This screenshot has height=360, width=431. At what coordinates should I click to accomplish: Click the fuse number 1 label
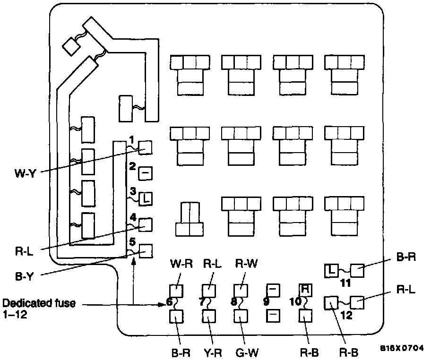pos(132,140)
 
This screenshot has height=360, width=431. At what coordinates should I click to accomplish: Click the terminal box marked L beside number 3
pos(146,198)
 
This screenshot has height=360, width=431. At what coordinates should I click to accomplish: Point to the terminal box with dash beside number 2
pos(146,173)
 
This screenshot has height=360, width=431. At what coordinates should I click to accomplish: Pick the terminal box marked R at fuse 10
pos(306,289)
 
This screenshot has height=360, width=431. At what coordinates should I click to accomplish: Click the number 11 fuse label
pos(346,283)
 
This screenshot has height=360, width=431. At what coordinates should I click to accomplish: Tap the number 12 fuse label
pos(346,315)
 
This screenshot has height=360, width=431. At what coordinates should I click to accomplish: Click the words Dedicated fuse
pos(38,303)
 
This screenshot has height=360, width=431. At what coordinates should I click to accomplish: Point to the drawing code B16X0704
pos(402,348)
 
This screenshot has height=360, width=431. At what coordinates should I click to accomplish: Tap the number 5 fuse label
pos(132,242)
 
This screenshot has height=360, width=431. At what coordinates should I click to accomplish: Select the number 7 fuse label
pos(202,300)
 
